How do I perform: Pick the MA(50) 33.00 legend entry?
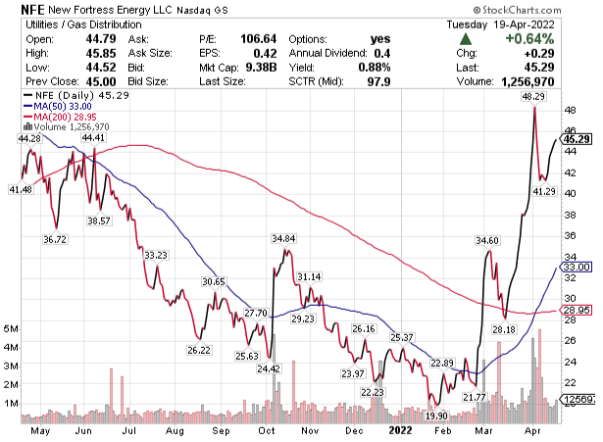(54, 106)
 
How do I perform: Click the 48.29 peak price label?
(534, 97)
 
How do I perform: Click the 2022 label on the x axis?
(400, 429)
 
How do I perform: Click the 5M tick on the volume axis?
(12, 328)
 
